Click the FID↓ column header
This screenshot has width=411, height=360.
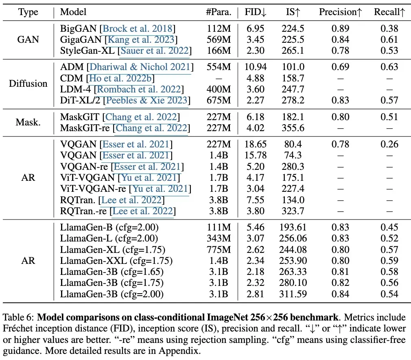pos(256,12)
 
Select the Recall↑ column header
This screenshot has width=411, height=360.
pos(389,12)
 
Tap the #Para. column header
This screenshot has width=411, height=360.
pos(219,12)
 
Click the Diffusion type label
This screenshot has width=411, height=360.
pos(28,83)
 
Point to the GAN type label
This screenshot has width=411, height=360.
pos(28,40)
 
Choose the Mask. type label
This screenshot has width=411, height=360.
pos(28,123)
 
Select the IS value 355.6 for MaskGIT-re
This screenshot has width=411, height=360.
pos(293,128)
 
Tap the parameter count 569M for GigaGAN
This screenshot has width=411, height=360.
pos(219,40)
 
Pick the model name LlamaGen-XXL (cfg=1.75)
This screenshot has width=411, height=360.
pos(116,261)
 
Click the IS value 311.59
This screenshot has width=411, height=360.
pos(293,294)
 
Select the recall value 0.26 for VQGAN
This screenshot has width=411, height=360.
pos(389,144)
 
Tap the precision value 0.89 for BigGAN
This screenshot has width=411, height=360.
pos(340,29)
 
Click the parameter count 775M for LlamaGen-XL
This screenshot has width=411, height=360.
pos(219,250)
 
